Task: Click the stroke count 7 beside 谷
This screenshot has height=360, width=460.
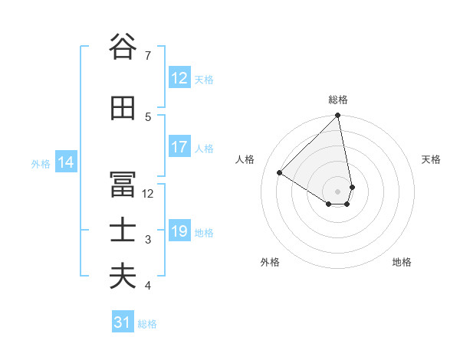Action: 148,56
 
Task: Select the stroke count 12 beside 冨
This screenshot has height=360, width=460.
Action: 149,194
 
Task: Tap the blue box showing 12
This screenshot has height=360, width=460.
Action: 179,78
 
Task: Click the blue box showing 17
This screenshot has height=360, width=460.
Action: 179,147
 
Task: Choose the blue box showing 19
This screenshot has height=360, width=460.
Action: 179,231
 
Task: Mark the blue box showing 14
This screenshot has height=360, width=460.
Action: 66,162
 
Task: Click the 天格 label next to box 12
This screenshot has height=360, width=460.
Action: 204,79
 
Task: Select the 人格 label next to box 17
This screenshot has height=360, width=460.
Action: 204,148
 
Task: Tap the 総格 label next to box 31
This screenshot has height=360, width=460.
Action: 147,324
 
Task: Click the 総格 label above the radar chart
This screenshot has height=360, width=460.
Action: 338,100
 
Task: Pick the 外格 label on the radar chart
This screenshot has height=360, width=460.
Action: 270,263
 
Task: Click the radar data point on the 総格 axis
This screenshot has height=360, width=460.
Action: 338,116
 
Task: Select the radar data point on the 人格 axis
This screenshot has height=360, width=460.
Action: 280,172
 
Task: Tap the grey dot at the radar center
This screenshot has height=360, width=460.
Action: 338,191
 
